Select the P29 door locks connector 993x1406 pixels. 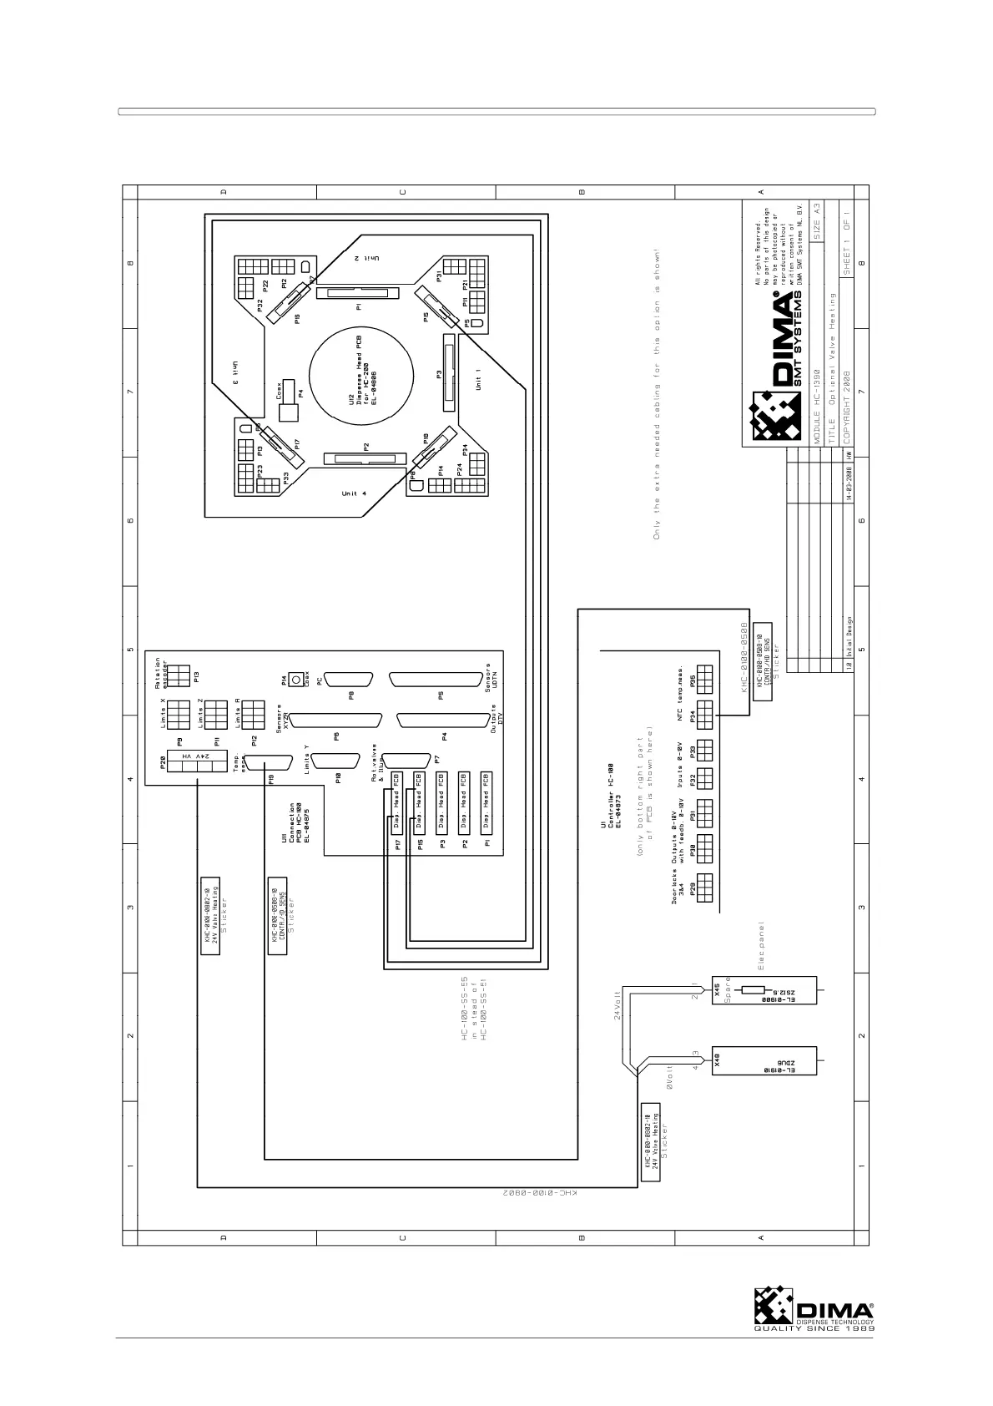pyautogui.click(x=703, y=887)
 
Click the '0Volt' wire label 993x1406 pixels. pyautogui.click(x=670, y=1077)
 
